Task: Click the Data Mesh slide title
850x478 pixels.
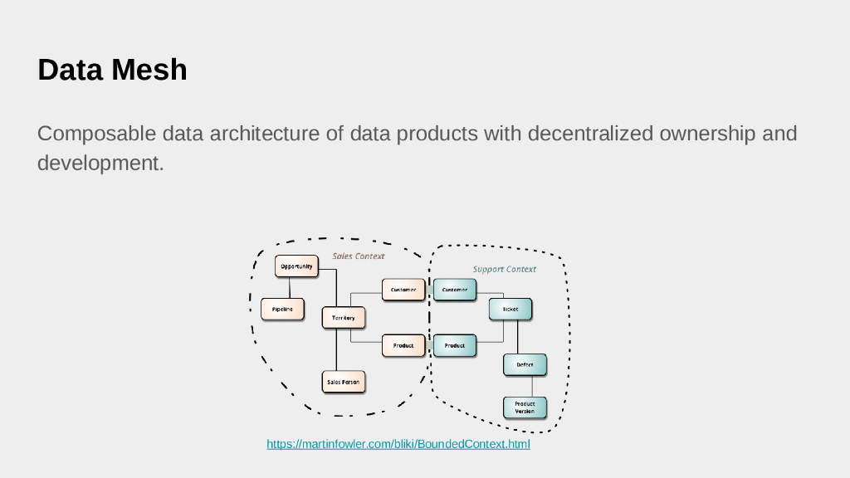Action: point(112,70)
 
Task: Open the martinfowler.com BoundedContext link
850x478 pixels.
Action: point(398,445)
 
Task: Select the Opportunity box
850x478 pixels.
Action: point(296,266)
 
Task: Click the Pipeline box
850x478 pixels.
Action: point(282,309)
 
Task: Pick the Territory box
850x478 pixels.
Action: point(344,318)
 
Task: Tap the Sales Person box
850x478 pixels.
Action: point(344,382)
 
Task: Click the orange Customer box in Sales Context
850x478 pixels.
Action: point(403,290)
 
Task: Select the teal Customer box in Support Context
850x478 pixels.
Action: point(455,290)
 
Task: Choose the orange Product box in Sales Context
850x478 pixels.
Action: point(403,345)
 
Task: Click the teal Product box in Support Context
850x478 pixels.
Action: point(455,345)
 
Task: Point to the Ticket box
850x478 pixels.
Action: point(510,310)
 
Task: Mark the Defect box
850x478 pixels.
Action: point(525,364)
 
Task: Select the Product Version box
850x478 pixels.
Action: point(525,407)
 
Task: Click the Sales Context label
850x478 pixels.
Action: point(359,256)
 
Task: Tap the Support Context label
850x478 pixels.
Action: point(505,269)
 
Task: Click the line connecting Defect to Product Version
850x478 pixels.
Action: point(532,387)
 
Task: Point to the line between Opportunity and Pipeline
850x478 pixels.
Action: point(289,287)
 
